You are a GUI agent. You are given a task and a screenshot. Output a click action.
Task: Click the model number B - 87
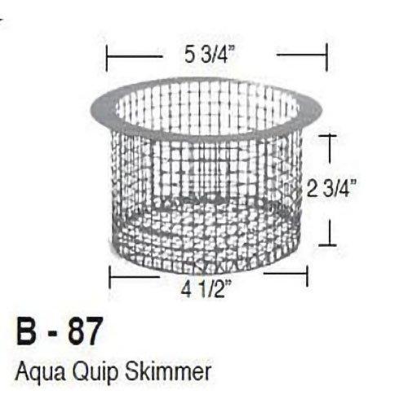click(60, 334)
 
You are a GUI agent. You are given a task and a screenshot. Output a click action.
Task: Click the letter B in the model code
click(28, 334)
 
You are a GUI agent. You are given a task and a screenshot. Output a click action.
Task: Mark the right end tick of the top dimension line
click(326, 56)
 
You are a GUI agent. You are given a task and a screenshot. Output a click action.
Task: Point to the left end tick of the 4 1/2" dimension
click(110, 279)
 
